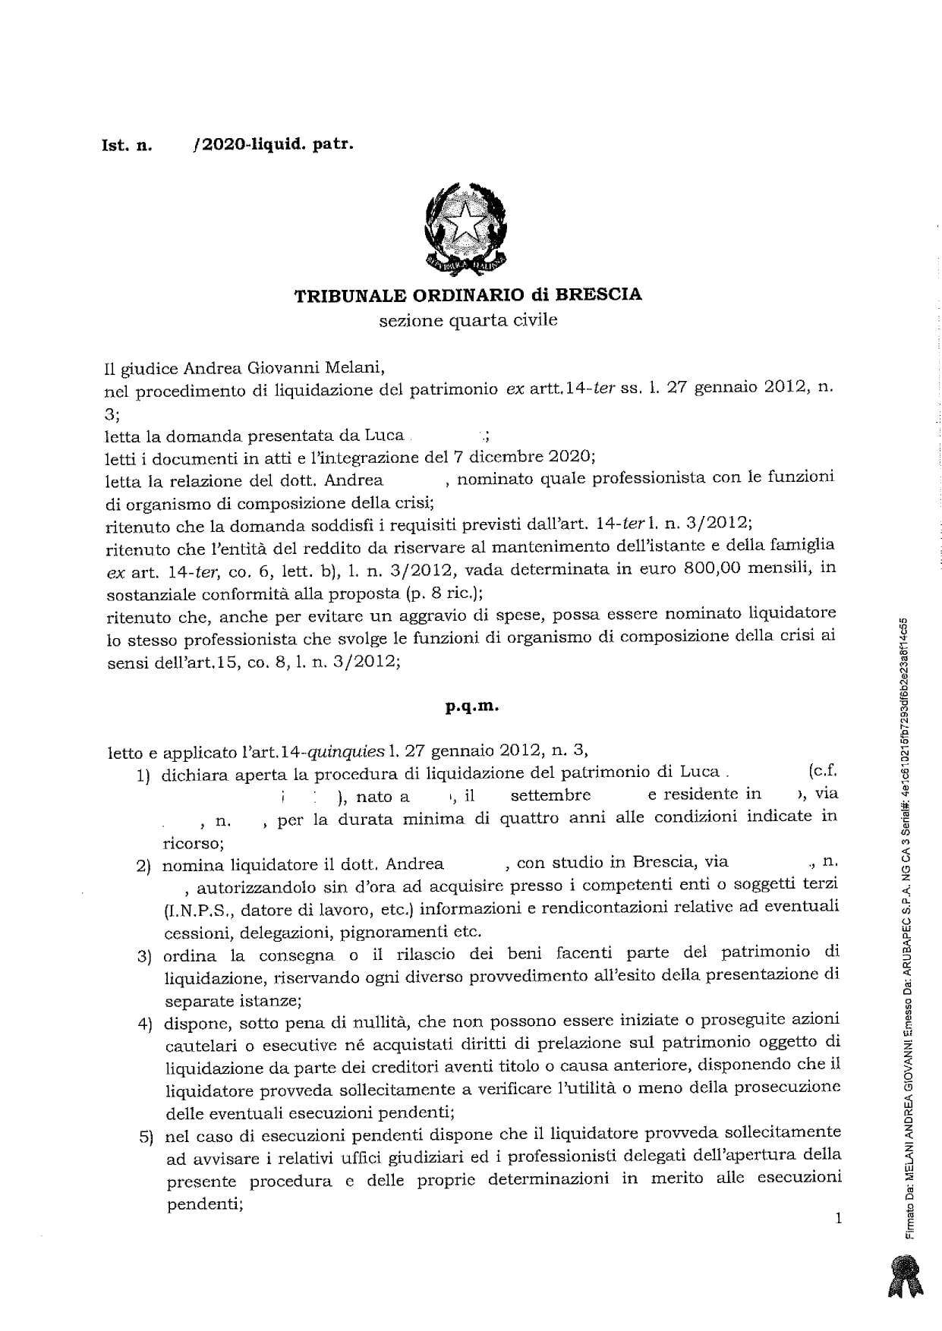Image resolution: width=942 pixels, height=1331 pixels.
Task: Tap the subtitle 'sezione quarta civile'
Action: (468, 319)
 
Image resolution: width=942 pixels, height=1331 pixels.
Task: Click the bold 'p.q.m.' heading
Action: (472, 706)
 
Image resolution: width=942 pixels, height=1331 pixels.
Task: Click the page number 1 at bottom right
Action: (838, 1219)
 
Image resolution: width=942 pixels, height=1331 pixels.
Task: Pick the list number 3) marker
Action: (145, 956)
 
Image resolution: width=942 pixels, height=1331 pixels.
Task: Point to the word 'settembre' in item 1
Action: (550, 795)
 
